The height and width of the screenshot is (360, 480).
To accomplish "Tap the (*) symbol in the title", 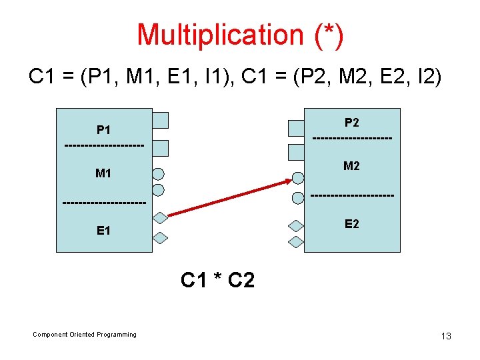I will coord(329,35).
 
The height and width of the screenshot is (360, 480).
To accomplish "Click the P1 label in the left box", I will coord(103,129).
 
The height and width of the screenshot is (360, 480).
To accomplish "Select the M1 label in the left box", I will coord(103,173).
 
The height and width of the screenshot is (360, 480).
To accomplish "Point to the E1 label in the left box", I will coord(103,231).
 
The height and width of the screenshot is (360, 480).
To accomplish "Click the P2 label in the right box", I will coord(351,123).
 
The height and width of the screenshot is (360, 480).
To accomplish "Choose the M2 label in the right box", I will coord(351,166).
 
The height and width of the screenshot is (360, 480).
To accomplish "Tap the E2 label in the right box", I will coord(351,224).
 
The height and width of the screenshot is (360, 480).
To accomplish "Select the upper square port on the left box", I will coord(160,120).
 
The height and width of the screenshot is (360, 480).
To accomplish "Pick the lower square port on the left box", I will coord(160,148).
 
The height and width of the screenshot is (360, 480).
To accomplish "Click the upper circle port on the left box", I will coord(158,175).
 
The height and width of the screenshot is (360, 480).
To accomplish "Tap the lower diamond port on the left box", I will coord(160,237).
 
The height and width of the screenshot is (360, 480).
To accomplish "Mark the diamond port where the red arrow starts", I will coord(160,217).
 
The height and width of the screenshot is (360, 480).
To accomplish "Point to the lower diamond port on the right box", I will coord(296,243).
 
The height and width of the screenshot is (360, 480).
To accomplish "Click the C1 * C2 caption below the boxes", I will coord(217,280).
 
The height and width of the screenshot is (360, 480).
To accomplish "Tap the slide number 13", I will coord(446,336).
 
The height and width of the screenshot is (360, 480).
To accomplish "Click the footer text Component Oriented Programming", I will coord(85,335).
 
